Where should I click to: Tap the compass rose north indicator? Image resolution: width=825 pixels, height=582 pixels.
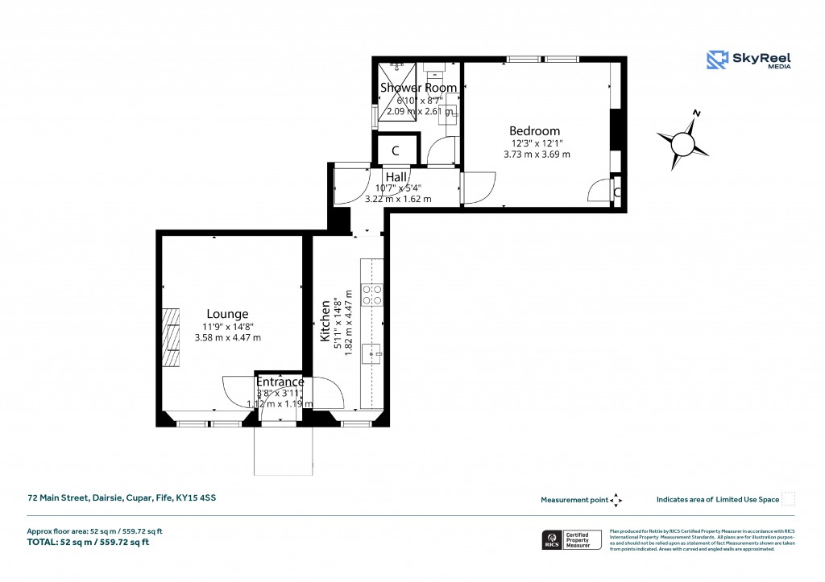click(x=683, y=142)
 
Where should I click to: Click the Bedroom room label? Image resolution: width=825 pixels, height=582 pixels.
click(x=534, y=131)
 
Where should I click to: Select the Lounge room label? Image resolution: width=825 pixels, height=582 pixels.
click(x=227, y=314)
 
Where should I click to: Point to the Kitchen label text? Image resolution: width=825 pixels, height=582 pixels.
click(x=325, y=321)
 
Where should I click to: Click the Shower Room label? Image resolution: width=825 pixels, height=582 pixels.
click(x=418, y=87)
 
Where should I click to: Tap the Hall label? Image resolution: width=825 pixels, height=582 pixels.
click(x=396, y=177)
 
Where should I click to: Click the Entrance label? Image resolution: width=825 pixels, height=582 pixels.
click(x=280, y=382)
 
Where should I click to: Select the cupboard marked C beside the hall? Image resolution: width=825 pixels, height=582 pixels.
click(x=396, y=151)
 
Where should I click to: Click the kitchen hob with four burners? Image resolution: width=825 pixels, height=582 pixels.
click(x=372, y=295)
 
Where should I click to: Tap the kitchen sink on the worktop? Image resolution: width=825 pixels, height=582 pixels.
click(x=372, y=351)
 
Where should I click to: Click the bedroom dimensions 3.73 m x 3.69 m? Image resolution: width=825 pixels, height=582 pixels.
click(x=537, y=154)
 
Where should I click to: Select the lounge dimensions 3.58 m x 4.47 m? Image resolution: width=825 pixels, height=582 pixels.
click(x=228, y=337)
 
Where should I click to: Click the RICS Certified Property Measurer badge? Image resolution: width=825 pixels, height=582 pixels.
click(x=572, y=539)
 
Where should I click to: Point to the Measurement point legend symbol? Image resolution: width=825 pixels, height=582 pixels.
click(x=616, y=500)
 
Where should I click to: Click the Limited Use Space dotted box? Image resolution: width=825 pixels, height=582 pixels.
click(x=789, y=499)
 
